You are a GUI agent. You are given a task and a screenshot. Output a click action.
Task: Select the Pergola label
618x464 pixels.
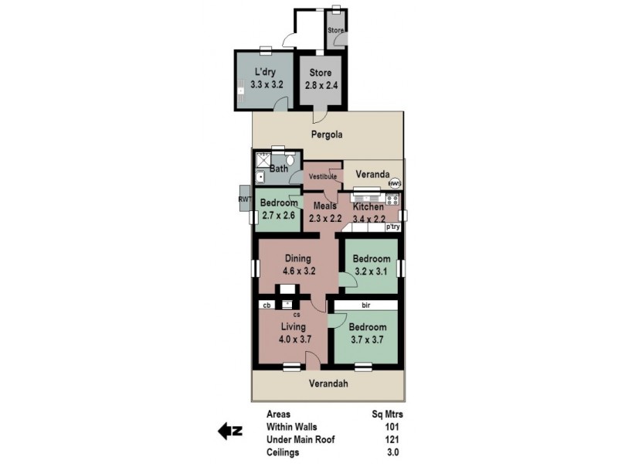326,135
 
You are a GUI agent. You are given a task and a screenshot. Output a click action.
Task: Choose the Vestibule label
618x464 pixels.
323,177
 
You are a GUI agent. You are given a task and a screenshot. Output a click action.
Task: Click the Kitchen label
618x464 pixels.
368,207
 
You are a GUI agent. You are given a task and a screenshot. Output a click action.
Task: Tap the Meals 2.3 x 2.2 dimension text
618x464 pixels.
324,219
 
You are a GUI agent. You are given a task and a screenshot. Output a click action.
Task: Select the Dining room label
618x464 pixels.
297,259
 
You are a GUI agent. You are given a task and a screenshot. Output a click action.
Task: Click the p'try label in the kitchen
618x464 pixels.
392,227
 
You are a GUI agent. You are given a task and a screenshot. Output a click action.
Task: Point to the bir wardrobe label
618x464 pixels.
365,305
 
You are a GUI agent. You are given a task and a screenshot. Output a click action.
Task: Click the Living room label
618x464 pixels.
293,327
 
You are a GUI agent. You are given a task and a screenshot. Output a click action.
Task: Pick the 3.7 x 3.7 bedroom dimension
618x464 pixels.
367,339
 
